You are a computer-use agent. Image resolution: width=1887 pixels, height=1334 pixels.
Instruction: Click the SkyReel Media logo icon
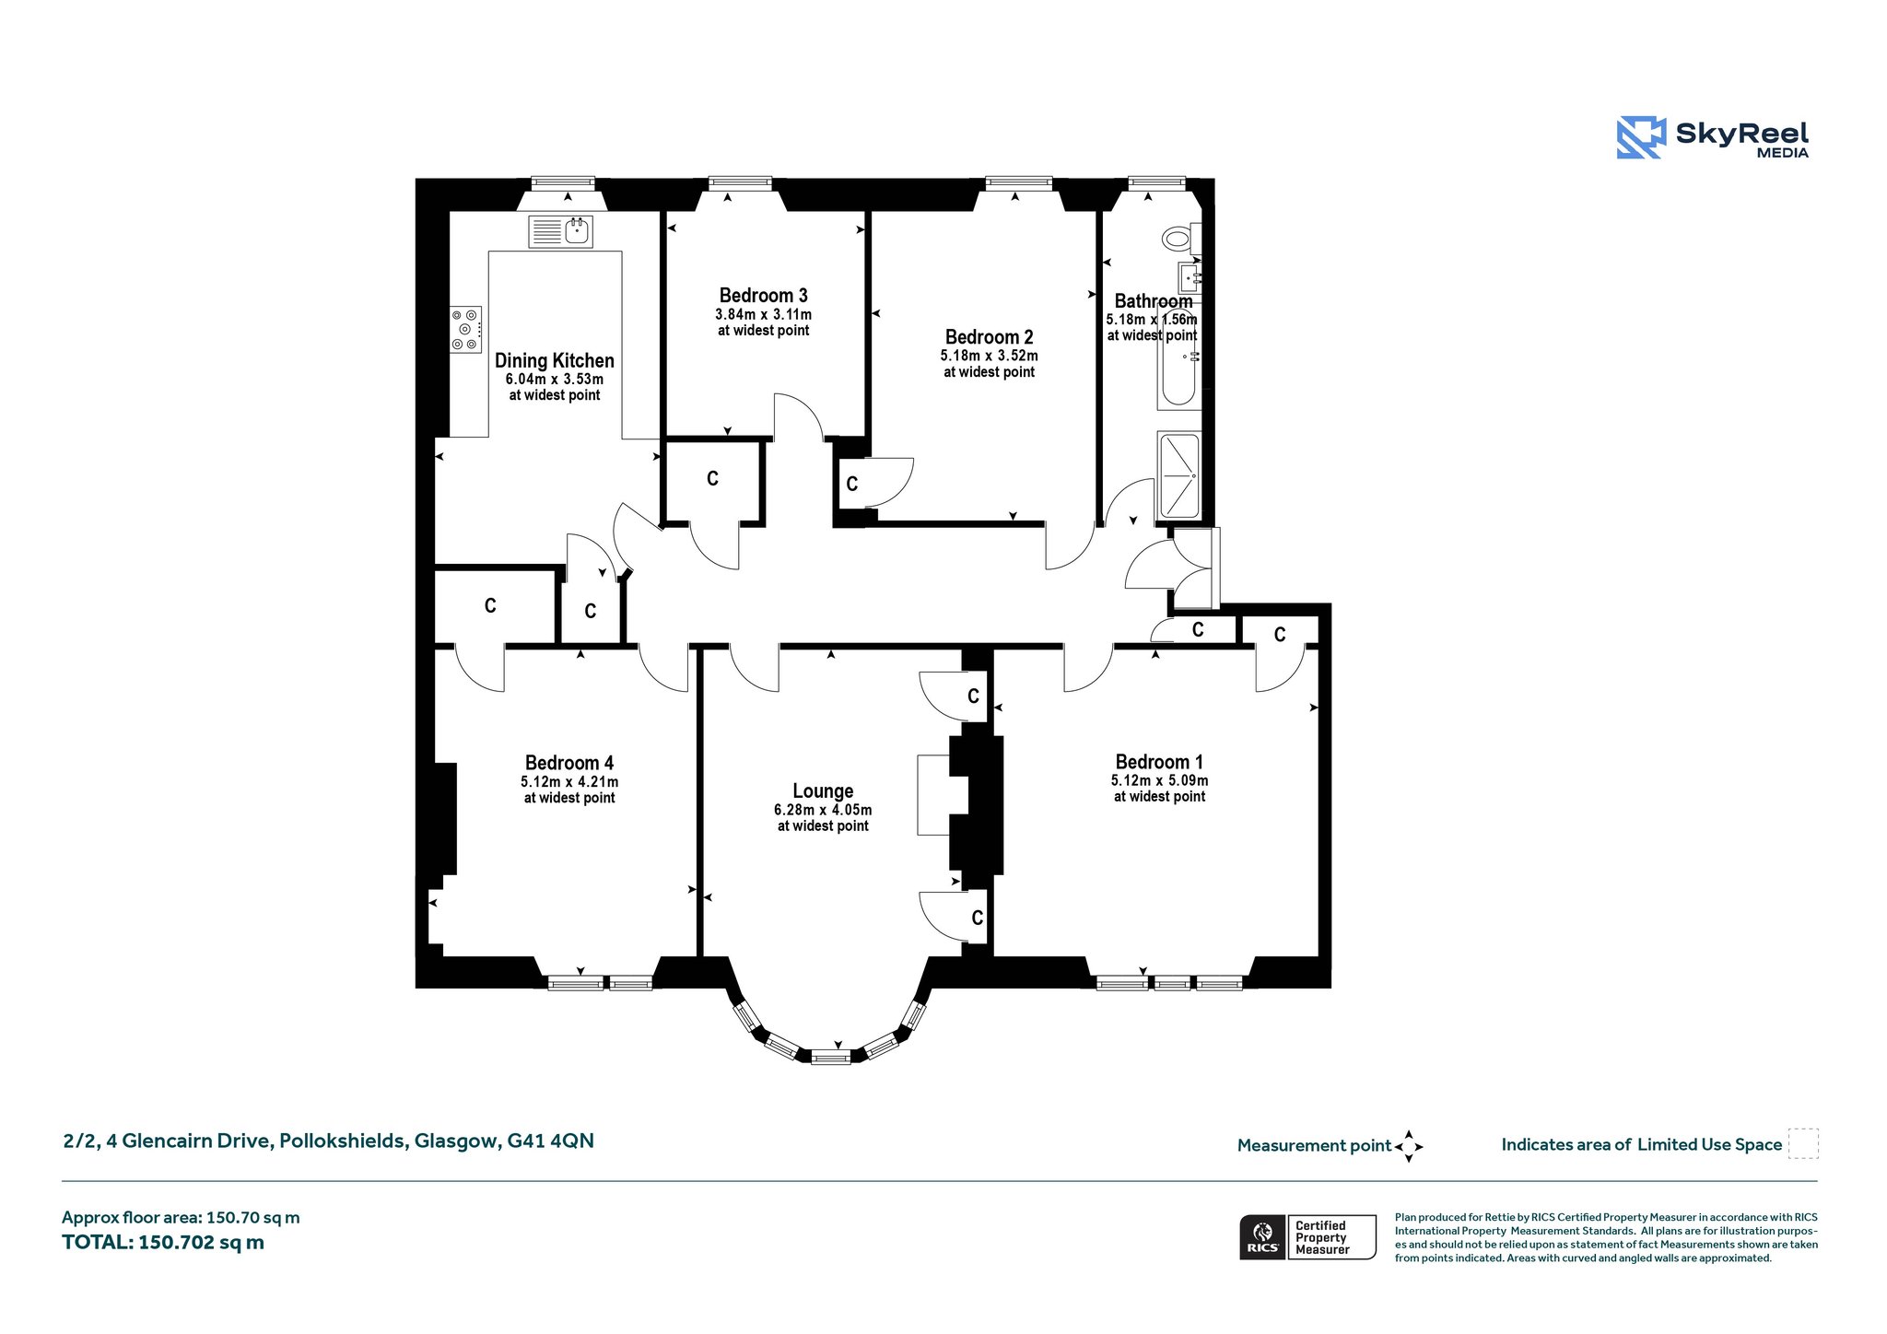[x=1641, y=138]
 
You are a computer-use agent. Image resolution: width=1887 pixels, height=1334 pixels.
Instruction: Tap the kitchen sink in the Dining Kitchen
[x=560, y=231]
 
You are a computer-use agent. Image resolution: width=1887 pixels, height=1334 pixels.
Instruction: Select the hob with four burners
[x=465, y=329]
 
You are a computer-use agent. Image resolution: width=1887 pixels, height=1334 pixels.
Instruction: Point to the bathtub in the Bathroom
[x=1179, y=359]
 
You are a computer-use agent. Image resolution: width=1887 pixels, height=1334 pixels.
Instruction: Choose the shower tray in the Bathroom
[x=1179, y=475]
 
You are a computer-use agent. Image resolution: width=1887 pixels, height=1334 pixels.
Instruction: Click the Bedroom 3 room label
[x=763, y=296]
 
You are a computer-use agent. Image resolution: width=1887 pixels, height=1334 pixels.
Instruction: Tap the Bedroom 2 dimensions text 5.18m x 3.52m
[x=989, y=356]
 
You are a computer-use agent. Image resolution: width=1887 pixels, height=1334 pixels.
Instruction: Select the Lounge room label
[x=823, y=791]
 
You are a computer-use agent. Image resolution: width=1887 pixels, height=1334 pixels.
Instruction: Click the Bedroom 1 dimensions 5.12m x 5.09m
[x=1159, y=780]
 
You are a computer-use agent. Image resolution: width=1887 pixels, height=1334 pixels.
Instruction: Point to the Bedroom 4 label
[x=568, y=763]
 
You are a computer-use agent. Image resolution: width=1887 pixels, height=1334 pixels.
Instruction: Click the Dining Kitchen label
[x=554, y=361]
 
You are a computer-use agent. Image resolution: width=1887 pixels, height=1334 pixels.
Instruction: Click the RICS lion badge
[x=1262, y=1236]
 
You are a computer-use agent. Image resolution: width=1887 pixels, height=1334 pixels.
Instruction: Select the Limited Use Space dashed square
[x=1803, y=1143]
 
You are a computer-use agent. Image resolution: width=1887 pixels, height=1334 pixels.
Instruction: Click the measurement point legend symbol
[x=1409, y=1146]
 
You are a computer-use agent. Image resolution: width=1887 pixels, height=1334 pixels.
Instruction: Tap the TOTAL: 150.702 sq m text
[x=163, y=1242]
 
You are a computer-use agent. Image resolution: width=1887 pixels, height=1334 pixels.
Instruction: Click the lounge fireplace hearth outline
[x=933, y=795]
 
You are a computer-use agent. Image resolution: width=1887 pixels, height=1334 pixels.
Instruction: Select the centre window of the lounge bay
[x=830, y=1057]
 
